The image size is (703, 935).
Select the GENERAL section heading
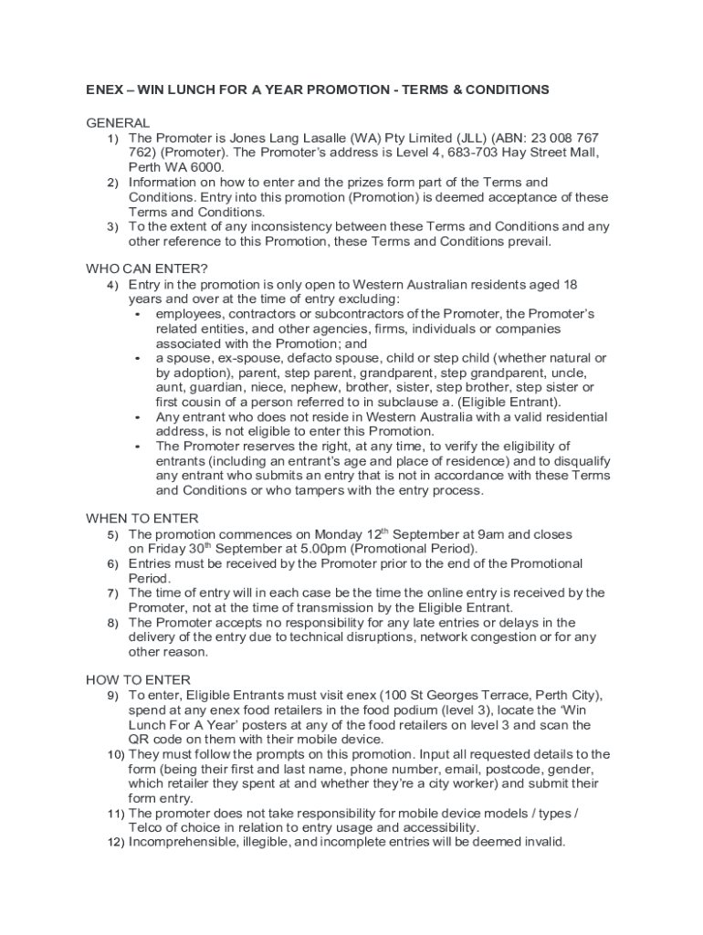pos(118,122)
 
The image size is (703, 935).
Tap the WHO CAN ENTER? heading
pos(147,268)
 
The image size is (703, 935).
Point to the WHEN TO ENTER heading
pos(142,519)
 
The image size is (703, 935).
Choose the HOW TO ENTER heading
pos(138,679)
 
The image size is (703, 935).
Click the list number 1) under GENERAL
pos(112,138)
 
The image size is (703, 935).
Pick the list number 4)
pos(112,285)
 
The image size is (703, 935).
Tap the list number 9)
pos(112,696)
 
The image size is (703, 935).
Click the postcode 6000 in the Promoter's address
pos(206,167)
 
